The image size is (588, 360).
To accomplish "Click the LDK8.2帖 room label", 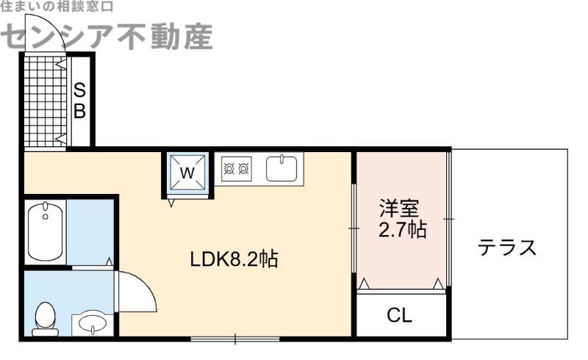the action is point(234,259).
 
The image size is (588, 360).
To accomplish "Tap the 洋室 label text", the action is point(399,209).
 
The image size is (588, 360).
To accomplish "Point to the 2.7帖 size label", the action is point(402,229).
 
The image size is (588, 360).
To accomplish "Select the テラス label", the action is point(507,248).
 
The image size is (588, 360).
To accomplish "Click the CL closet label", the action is point(400,315).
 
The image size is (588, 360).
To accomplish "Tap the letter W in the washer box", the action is point(187,173).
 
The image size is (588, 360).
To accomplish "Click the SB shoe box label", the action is point(79,101).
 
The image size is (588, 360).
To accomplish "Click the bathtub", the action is point(46,231).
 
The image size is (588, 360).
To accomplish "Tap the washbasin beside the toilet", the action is point(93,325).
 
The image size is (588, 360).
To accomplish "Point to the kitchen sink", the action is point(282,169).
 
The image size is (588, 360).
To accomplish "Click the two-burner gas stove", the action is point(236,169).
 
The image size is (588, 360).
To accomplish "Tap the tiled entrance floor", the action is point(46,101).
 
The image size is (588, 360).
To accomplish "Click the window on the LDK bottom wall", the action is point(235,339).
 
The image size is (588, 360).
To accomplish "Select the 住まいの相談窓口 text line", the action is point(57,7).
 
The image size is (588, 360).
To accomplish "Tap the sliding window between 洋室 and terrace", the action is point(448,219).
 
